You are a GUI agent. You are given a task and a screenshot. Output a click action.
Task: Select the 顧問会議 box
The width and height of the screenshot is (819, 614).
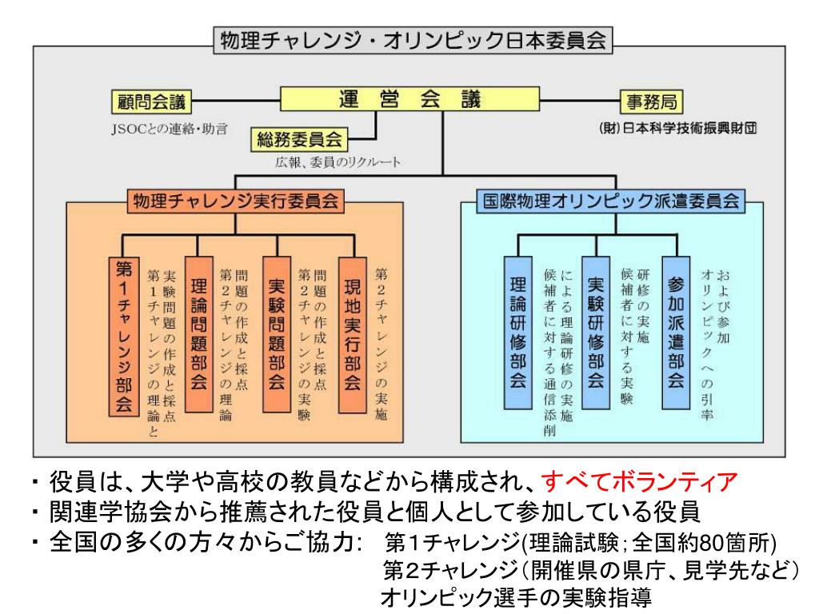click(x=152, y=102)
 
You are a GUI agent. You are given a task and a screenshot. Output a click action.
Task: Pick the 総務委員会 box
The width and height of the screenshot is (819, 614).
click(x=298, y=141)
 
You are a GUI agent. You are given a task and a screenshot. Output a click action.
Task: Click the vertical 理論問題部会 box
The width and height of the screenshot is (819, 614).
click(x=201, y=333)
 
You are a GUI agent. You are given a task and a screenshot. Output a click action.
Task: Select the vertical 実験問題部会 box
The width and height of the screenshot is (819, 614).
click(x=276, y=333)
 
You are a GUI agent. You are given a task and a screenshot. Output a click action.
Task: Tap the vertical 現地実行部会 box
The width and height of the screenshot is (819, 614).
click(x=352, y=333)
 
